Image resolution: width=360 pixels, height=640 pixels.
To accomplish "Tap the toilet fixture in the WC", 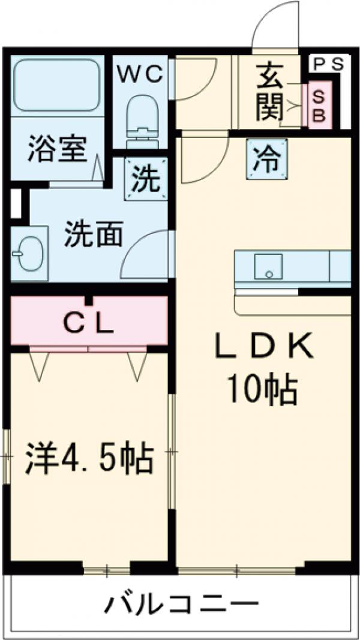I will click(142, 118).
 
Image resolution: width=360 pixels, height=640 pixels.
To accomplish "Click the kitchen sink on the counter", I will click(268, 266).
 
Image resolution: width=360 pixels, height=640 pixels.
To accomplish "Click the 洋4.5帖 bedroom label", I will click(88, 459).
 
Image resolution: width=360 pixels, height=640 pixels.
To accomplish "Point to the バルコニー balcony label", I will click(181, 605).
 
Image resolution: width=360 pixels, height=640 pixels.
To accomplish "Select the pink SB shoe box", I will click(318, 106).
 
